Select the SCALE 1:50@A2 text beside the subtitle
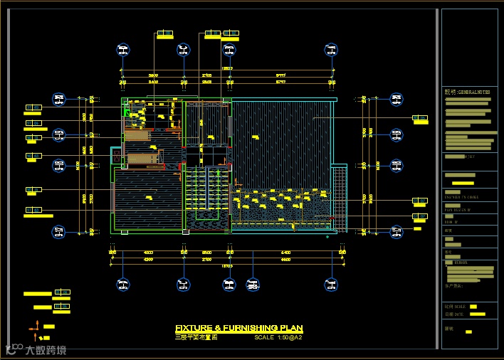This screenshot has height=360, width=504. coord(278,337)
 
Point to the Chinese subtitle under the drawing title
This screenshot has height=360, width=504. coord(196,337)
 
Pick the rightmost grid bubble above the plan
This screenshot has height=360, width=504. coord(331,50)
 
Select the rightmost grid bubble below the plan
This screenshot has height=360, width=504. coord(331,285)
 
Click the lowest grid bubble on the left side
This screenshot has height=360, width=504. coord(59,231)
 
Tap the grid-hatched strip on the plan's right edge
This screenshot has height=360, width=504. coord(340,197)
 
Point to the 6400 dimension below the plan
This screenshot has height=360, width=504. coord(285,252)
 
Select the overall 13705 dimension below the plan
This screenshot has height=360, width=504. coord(228,265)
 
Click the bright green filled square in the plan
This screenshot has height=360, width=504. coord(128,111)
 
